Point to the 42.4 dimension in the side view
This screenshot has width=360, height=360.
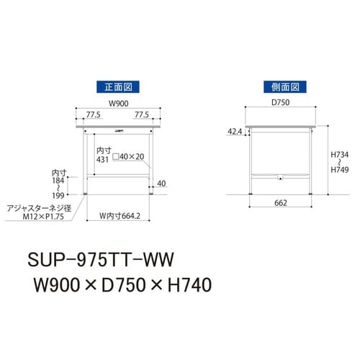(234, 132)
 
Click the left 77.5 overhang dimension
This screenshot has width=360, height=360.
(91, 114)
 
